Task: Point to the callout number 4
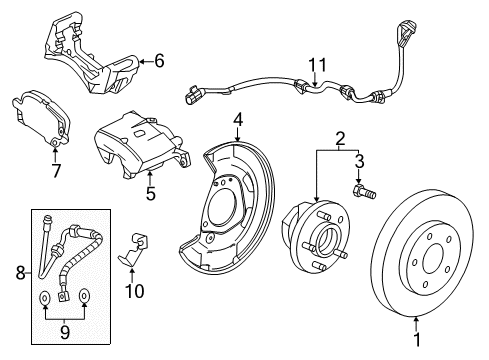[x=238, y=121]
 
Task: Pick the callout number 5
[x=150, y=193]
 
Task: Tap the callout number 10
[x=133, y=291]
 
